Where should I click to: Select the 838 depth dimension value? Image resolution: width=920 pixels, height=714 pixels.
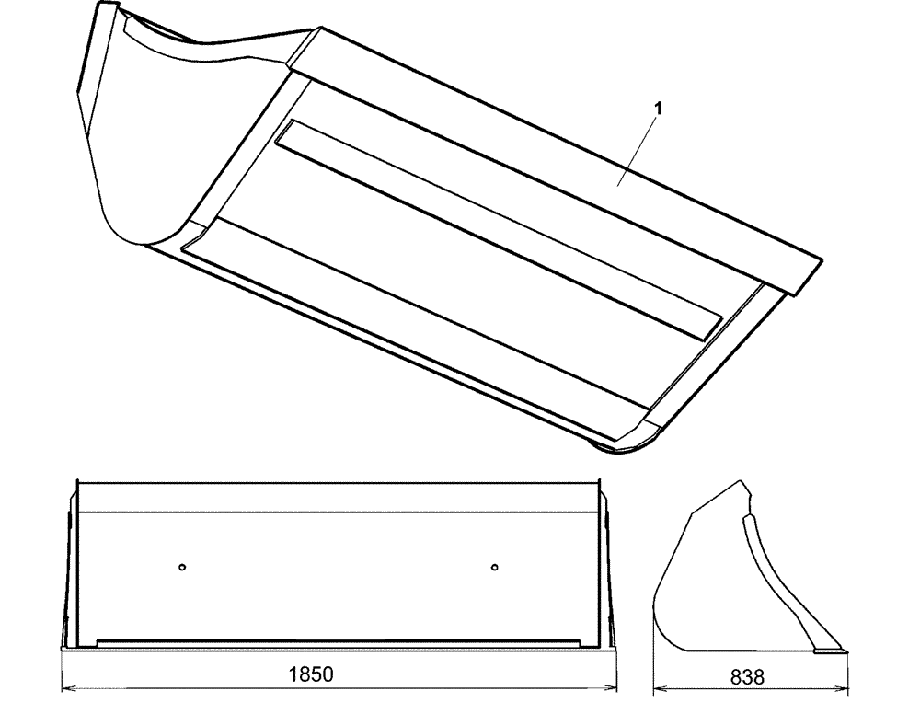tap(747, 676)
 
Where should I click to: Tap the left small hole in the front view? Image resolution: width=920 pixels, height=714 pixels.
tap(183, 567)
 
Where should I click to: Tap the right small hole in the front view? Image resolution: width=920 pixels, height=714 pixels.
tap(495, 567)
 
